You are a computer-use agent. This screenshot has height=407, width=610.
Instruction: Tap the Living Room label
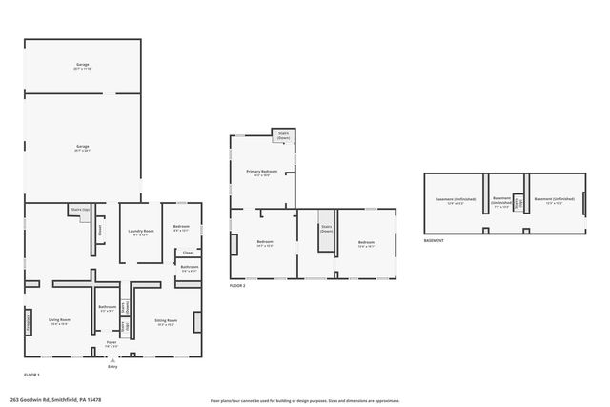coord(60,321)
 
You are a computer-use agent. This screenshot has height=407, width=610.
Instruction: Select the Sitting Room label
coord(166,322)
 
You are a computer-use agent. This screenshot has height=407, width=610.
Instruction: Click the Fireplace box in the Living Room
coord(28,323)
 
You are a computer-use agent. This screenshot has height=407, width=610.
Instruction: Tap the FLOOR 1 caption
coord(31,375)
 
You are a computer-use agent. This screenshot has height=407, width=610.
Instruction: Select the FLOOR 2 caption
coord(237,285)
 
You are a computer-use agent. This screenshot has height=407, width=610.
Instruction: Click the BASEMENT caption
coord(436,241)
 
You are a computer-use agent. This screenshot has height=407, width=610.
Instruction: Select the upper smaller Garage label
coord(83,66)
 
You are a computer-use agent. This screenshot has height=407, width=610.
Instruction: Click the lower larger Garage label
coord(83,147)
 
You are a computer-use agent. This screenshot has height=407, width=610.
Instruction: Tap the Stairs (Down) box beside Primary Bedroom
coord(283,135)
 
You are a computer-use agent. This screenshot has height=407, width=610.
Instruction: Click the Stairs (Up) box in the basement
coord(517,202)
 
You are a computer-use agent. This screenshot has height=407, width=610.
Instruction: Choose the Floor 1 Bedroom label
coord(181,228)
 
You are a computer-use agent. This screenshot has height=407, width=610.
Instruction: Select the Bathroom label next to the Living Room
coord(108,308)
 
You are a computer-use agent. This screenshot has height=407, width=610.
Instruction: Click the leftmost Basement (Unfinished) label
coord(450,200)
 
